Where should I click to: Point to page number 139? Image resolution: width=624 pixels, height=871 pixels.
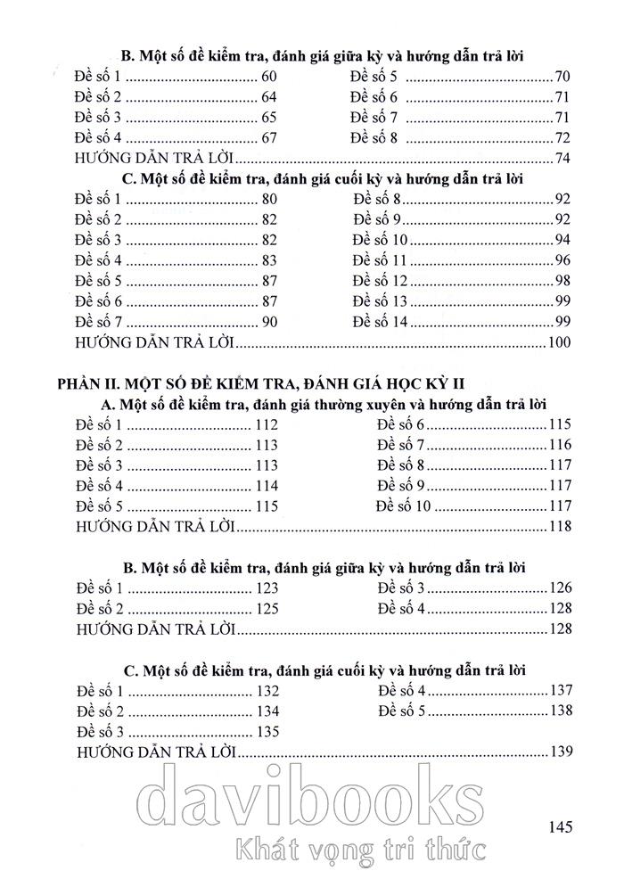[x=558, y=751]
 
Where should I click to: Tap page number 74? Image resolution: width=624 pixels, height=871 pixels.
[x=562, y=159]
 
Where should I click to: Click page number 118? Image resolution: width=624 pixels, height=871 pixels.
[x=558, y=527]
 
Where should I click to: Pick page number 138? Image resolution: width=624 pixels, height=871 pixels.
[x=558, y=711]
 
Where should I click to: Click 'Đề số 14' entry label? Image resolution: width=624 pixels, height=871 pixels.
[x=380, y=322]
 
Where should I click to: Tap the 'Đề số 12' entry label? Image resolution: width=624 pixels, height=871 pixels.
[x=380, y=281]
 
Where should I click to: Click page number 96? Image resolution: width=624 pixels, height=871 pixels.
[x=562, y=260]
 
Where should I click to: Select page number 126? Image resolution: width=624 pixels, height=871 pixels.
[x=558, y=588]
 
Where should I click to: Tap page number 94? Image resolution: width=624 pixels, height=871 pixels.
[x=562, y=240]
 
